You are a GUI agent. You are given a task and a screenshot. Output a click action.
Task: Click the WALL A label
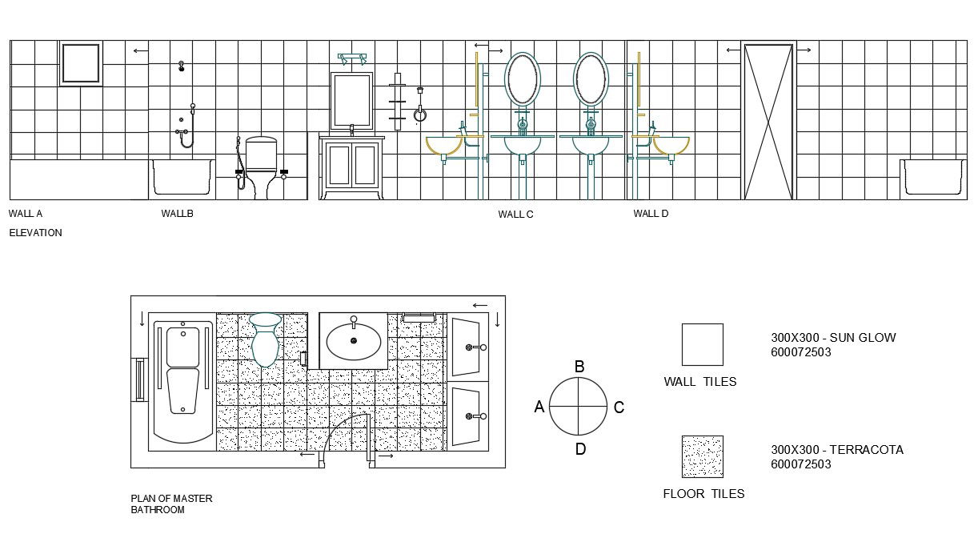[x=26, y=214]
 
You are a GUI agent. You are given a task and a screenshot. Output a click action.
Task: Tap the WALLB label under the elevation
[x=177, y=214]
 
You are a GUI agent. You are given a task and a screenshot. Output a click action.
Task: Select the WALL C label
[x=515, y=215]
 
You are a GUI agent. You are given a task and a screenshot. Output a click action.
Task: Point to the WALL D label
[x=651, y=214]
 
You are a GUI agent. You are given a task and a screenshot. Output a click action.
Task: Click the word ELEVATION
[x=36, y=233]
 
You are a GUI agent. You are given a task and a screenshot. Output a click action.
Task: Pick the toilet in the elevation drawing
[x=261, y=167]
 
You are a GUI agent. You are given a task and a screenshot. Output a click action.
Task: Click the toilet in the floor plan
[x=265, y=339]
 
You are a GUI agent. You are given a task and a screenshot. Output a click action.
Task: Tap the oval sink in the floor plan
[x=354, y=342]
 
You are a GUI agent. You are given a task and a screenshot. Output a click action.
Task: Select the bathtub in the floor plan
[x=182, y=382]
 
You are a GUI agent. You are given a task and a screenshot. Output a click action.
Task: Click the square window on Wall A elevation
[x=81, y=63]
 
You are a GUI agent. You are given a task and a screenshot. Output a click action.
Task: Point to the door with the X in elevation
[x=768, y=121]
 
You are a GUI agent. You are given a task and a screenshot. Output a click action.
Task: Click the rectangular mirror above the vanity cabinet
[x=352, y=102]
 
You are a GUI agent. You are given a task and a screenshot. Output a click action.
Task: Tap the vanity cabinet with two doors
[x=352, y=167]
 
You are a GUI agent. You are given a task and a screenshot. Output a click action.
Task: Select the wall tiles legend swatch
[x=702, y=344]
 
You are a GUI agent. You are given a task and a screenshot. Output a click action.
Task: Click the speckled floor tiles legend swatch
[x=702, y=456]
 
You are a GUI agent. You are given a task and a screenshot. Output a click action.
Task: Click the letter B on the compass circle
[x=579, y=367]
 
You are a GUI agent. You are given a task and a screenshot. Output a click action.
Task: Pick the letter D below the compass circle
[x=580, y=449]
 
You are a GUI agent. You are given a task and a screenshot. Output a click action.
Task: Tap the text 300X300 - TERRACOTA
[x=837, y=450]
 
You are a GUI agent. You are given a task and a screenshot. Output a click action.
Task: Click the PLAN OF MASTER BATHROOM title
[x=171, y=504]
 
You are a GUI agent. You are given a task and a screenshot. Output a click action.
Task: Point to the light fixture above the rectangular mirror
[x=352, y=58]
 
